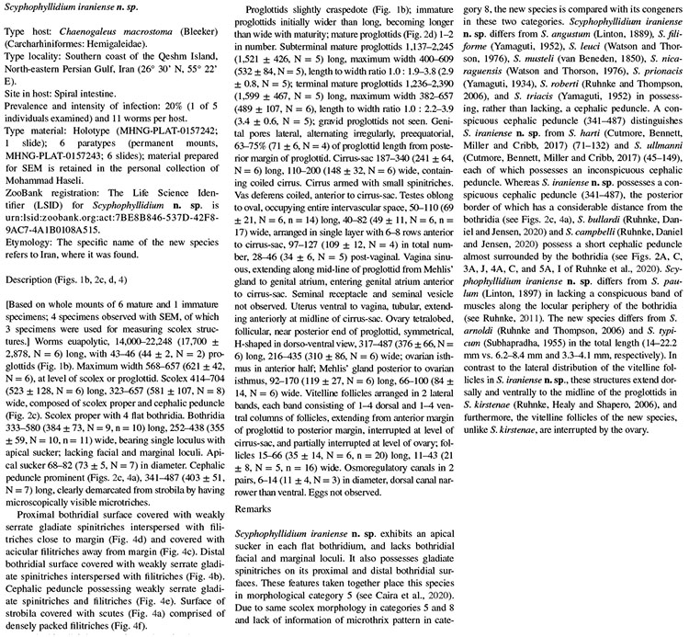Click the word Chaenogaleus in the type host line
point(86,33)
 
